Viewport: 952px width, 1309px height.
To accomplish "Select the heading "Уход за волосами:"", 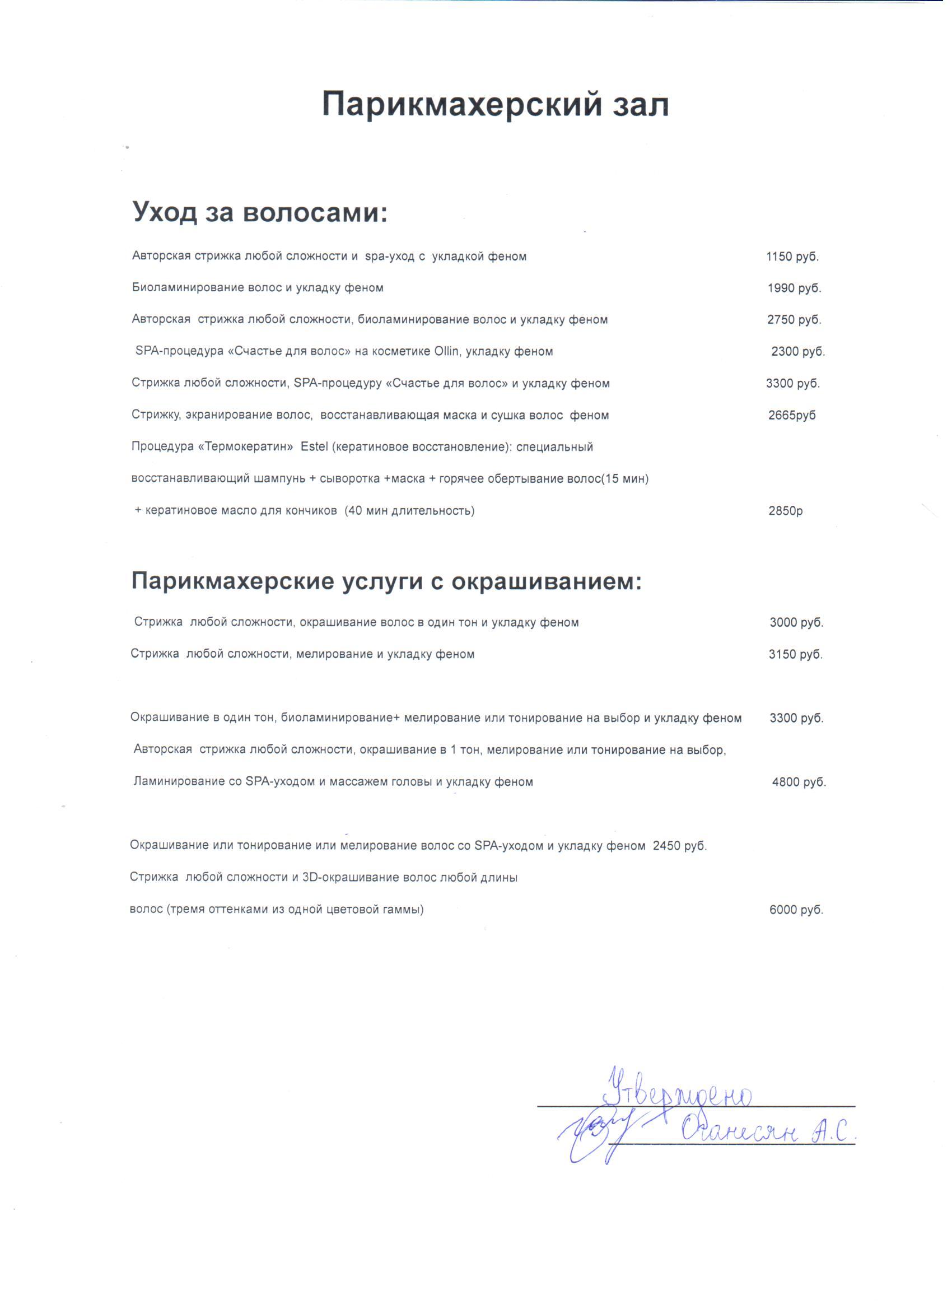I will (x=260, y=212).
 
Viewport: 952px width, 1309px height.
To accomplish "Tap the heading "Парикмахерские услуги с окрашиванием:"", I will (x=386, y=581).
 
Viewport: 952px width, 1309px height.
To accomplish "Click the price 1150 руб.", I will (x=792, y=257).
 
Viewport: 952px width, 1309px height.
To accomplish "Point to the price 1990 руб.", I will (x=794, y=288).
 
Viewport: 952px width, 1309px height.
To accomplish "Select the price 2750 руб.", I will (x=794, y=320).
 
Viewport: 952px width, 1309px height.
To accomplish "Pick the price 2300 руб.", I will (x=798, y=352).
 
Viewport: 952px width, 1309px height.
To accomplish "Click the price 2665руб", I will (x=792, y=416).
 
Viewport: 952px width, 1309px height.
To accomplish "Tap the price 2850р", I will (x=785, y=511).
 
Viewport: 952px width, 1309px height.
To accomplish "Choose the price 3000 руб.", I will (x=796, y=623).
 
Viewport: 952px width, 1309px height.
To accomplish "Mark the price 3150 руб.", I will (x=796, y=654).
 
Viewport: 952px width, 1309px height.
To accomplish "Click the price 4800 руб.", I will (x=799, y=782).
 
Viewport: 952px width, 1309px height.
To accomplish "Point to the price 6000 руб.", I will (x=796, y=910).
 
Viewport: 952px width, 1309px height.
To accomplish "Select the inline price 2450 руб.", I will (x=680, y=846).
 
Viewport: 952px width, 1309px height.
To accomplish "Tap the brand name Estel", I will (x=315, y=448).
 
